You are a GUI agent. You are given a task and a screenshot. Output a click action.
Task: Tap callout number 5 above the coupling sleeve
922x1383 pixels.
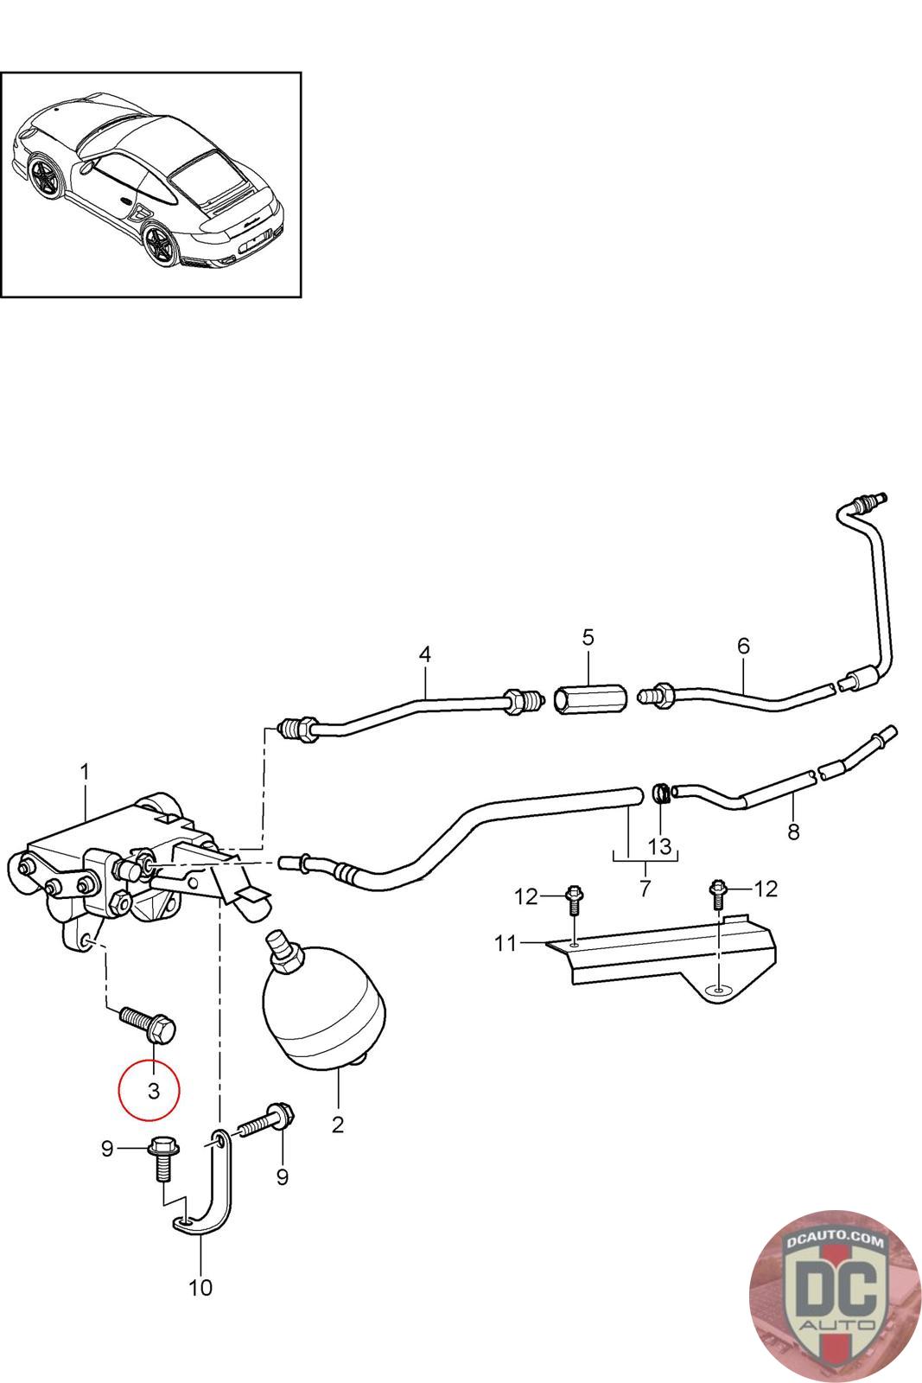[x=588, y=637]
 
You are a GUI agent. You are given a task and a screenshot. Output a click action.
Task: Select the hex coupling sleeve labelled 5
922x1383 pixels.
[x=590, y=698]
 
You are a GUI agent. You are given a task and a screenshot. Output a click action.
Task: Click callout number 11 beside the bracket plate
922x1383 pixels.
[x=505, y=943]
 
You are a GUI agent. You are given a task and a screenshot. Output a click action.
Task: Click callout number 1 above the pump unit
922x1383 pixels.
[x=85, y=772]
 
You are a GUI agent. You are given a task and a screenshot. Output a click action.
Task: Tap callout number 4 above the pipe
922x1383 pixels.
[x=424, y=654]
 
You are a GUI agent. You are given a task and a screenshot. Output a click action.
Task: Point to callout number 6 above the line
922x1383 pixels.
[x=743, y=646]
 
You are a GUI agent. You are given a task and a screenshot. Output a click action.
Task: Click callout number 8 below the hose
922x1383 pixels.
[x=793, y=832]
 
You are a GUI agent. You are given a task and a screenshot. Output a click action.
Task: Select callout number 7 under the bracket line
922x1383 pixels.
[x=645, y=888]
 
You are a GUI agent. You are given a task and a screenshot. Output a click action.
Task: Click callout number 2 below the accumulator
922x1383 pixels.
[x=337, y=1125]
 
